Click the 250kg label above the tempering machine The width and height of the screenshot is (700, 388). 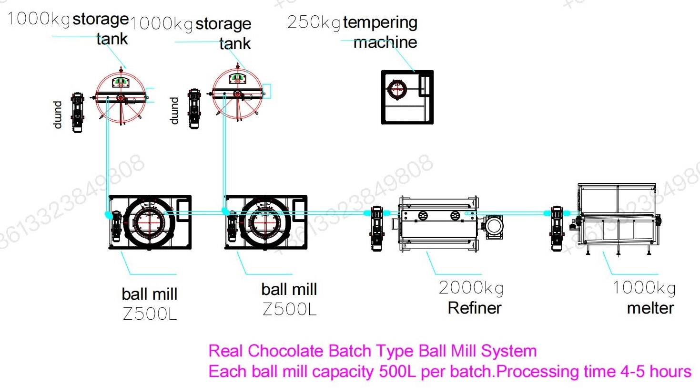[x=314, y=22]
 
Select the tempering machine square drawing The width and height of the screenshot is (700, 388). [x=407, y=97]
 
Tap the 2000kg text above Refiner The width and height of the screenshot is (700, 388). [x=471, y=288]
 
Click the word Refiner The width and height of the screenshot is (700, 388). [x=475, y=308]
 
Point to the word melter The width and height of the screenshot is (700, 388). [x=650, y=308]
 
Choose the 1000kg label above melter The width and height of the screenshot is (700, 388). [x=644, y=288]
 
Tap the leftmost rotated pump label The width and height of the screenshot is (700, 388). [x=57, y=115]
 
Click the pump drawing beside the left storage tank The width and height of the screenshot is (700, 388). [x=77, y=112]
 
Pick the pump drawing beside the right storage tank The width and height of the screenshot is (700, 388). [x=194, y=109]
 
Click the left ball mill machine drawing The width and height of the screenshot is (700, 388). [x=150, y=222]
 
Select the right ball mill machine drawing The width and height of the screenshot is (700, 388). [x=266, y=222]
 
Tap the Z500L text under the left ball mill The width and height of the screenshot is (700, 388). [x=150, y=314]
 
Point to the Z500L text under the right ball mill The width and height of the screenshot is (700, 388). [x=290, y=309]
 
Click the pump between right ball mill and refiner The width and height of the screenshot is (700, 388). [x=377, y=229]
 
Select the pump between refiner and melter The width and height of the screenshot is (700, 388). [x=557, y=229]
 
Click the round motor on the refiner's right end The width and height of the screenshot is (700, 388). [x=494, y=227]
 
